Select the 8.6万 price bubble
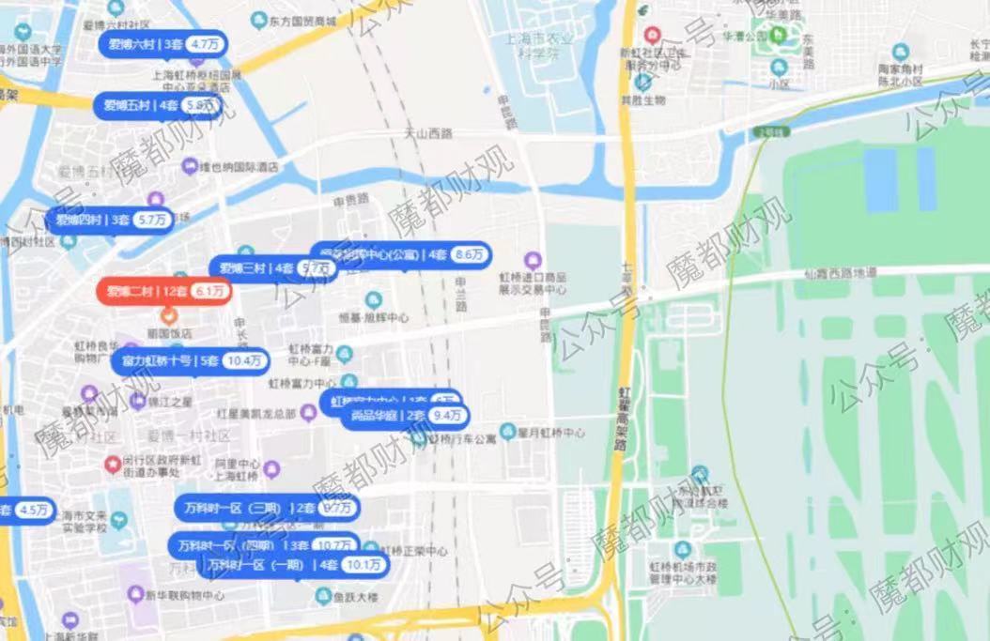tap(469, 254)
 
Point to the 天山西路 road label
tap(428, 134)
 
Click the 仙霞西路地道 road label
tap(840, 273)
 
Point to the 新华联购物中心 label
tap(184, 595)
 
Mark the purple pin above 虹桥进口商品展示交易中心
tap(534, 259)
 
